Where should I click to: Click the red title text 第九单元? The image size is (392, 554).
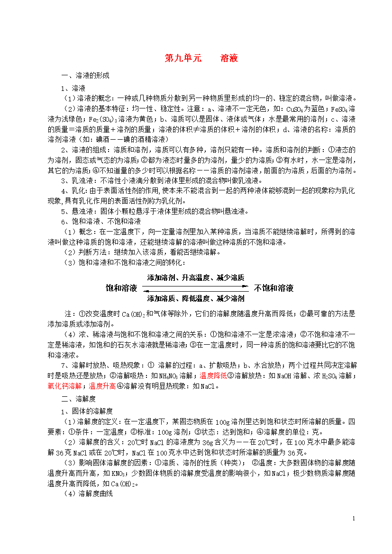[182, 58]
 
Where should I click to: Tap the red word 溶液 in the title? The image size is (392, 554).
[229, 58]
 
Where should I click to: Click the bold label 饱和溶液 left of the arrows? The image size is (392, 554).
[121, 288]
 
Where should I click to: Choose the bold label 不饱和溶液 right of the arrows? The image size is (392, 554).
[274, 288]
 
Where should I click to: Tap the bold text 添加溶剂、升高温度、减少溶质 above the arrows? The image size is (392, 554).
[196, 277]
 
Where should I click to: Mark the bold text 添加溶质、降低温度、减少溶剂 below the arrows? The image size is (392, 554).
[196, 298]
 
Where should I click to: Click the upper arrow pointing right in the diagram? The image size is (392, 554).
[196, 286]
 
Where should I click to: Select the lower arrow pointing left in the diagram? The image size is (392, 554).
[196, 290]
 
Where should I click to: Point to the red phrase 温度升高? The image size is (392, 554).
[102, 386]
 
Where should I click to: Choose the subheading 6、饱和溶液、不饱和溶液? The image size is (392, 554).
[100, 222]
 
